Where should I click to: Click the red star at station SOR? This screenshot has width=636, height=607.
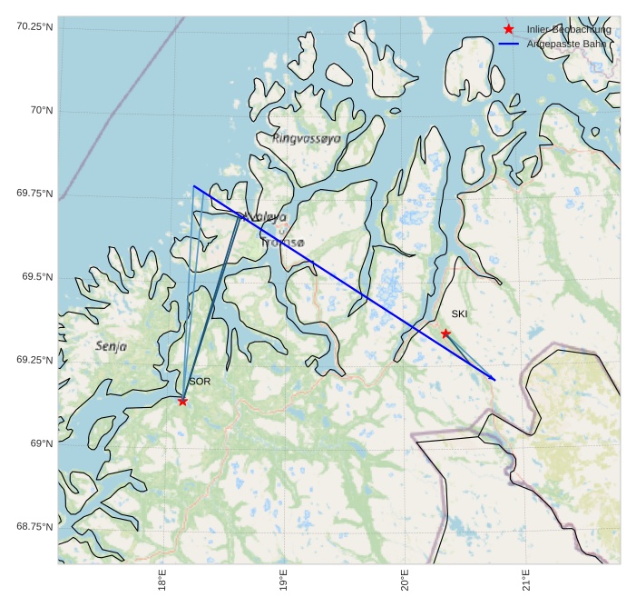tap(182, 401)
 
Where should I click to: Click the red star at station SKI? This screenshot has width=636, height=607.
tap(445, 333)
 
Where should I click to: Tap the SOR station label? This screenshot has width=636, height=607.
tap(200, 382)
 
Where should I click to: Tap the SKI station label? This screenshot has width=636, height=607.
tap(459, 314)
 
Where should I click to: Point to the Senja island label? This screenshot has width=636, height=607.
tap(111, 346)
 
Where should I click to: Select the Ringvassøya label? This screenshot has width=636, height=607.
tap(307, 138)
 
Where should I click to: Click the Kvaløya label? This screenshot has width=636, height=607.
tap(264, 218)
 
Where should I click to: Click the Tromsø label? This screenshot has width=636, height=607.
tap(283, 243)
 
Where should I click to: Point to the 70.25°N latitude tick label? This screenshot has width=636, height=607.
tap(35, 26)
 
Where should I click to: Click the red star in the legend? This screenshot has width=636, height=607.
tap(508, 30)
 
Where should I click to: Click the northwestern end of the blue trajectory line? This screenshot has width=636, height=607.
tap(194, 186)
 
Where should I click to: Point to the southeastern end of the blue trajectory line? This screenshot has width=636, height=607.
tap(495, 380)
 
